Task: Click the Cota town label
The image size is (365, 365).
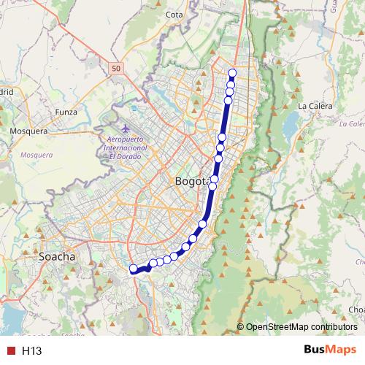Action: (x=174, y=15)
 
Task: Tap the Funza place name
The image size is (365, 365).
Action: (x=66, y=112)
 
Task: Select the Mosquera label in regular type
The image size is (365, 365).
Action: (x=28, y=131)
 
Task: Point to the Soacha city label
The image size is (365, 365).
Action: (x=57, y=258)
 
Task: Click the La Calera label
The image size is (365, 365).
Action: (x=315, y=106)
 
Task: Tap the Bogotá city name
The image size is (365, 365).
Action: (x=192, y=180)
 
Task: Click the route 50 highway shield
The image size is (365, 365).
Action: (x=117, y=68)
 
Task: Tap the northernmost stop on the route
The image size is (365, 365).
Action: (x=233, y=72)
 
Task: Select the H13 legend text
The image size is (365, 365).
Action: (x=31, y=351)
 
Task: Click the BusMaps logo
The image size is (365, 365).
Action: (x=328, y=350)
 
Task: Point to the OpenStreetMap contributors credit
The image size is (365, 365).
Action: (x=301, y=327)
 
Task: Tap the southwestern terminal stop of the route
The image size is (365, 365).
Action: (x=134, y=269)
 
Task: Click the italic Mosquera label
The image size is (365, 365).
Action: (x=37, y=155)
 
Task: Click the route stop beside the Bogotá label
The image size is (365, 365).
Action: (x=215, y=179)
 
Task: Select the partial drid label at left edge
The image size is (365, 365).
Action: (x=7, y=93)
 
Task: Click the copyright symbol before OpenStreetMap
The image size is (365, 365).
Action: (x=241, y=327)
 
